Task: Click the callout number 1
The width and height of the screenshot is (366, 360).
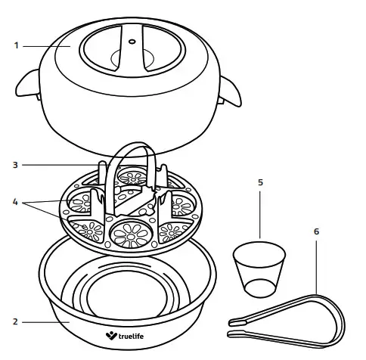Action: point(16,45)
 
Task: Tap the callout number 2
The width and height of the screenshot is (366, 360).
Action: point(16,321)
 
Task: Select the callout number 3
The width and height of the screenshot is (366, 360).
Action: point(16,164)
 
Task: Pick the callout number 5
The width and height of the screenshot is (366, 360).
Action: point(261,182)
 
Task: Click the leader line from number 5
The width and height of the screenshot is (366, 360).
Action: point(261,216)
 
